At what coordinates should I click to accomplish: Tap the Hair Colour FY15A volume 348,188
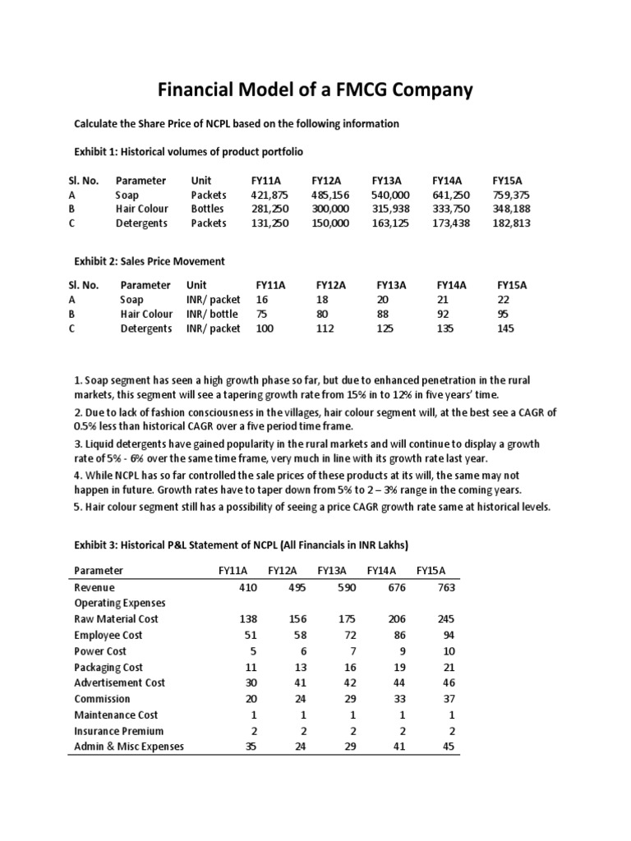512,209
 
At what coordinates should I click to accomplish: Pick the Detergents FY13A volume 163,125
391,223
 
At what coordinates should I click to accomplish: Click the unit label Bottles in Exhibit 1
207,209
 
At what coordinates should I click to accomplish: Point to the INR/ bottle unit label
212,314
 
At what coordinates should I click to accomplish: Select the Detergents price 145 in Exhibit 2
506,328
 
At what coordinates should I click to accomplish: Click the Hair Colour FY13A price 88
383,314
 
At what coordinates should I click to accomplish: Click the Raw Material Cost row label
116,618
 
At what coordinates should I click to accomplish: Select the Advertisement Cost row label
119,682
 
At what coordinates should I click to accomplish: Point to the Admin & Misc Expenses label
129,747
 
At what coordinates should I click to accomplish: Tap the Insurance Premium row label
118,730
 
